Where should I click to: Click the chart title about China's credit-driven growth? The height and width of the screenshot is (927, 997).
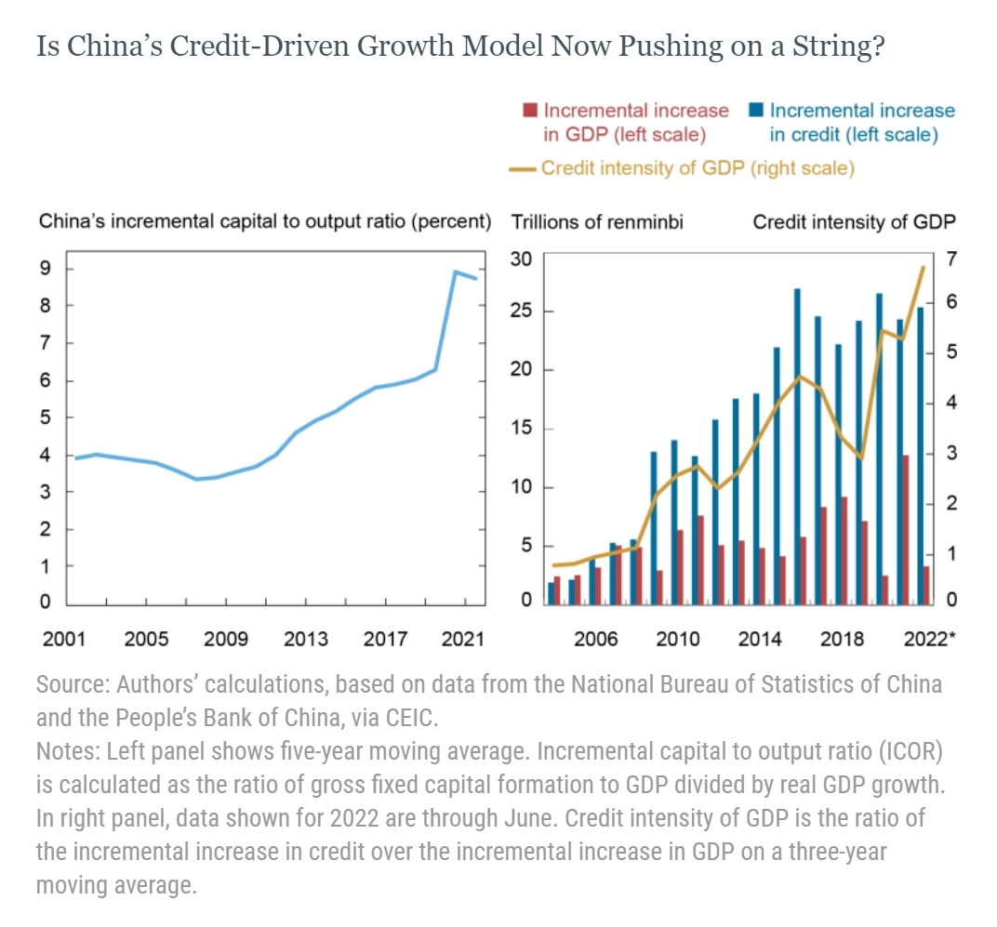click(x=459, y=46)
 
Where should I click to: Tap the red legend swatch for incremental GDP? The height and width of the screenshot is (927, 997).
click(x=530, y=111)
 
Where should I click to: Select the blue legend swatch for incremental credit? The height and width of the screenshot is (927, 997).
click(x=756, y=111)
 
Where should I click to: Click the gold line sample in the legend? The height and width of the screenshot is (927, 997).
click(x=524, y=169)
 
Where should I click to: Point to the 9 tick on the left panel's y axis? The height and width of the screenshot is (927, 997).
click(x=45, y=270)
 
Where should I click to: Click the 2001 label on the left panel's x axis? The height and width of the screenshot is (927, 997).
click(x=64, y=639)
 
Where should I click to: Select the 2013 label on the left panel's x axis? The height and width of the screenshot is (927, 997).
click(x=306, y=639)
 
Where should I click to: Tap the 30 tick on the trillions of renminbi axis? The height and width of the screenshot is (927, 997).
click(x=522, y=258)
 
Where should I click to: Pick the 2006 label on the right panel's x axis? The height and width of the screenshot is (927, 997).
click(x=596, y=639)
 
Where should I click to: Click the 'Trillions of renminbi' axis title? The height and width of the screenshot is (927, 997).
click(x=597, y=223)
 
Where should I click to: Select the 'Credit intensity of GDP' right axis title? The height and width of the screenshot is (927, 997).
click(x=853, y=223)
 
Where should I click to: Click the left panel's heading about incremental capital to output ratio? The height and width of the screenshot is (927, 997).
click(x=264, y=223)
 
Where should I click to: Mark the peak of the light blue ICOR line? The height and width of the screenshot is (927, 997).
click(x=455, y=271)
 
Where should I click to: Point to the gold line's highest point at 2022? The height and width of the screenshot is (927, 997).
click(x=923, y=268)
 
